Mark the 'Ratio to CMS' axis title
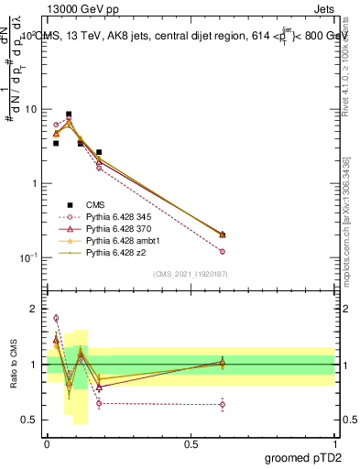(12, 365)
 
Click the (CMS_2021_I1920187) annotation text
(191, 274)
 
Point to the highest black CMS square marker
(69, 115)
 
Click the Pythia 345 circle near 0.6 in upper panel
(223, 251)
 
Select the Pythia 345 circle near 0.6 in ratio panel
(223, 404)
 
